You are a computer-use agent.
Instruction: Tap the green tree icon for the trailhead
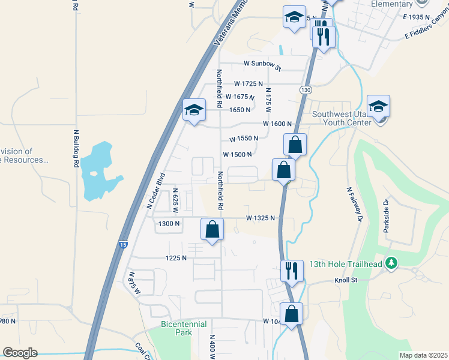(x=392, y=263)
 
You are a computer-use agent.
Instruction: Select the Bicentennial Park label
(x=184, y=328)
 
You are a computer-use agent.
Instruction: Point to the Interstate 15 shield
(x=122, y=245)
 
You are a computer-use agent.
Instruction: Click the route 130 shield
(x=306, y=89)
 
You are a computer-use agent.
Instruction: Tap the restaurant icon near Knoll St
(x=292, y=270)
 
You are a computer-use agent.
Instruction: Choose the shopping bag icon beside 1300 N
(x=212, y=229)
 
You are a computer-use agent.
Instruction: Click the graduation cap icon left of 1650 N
(x=194, y=110)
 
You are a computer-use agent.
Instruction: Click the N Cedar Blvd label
(x=155, y=191)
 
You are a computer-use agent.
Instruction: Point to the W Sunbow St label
(x=262, y=64)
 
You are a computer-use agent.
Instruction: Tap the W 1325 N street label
(x=261, y=218)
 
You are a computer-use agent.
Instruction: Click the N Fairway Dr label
(x=355, y=205)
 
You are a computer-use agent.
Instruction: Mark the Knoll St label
(x=346, y=280)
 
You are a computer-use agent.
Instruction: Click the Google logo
(x=20, y=353)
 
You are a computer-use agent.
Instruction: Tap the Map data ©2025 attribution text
(x=423, y=355)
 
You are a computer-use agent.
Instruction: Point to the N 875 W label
(x=134, y=283)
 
